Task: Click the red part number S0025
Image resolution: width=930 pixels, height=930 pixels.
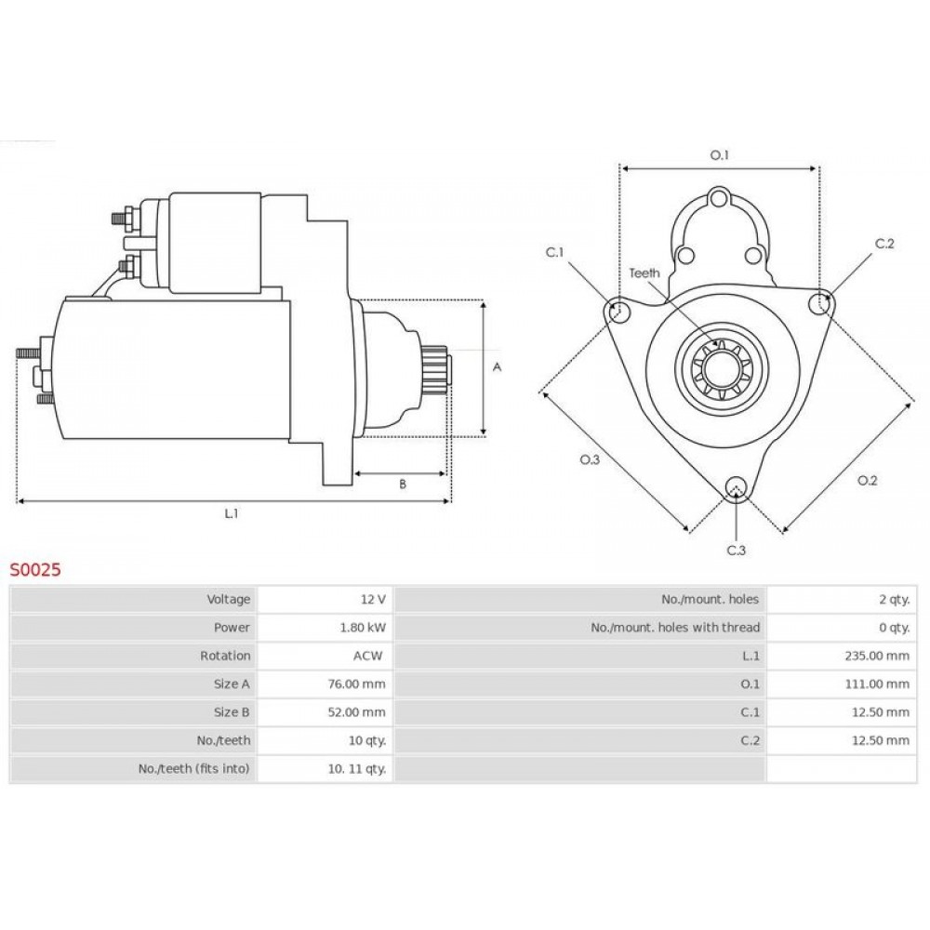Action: (35, 570)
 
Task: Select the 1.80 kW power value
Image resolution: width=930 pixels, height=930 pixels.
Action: (363, 628)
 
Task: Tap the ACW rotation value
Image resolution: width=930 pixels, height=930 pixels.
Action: (367, 656)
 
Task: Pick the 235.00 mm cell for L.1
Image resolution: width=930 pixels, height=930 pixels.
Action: (877, 656)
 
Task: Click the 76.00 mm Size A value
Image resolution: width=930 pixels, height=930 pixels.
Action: (356, 684)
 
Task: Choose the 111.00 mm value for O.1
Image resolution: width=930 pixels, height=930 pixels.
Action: (877, 684)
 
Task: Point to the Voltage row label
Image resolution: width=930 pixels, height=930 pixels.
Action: (229, 600)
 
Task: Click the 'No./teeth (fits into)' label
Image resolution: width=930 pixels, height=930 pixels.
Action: (194, 769)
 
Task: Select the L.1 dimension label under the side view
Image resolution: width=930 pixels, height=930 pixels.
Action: (232, 513)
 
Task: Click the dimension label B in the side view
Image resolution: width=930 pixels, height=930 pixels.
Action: (403, 485)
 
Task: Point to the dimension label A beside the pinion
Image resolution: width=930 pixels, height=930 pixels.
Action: (497, 367)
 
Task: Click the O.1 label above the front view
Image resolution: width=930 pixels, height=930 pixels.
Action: (720, 155)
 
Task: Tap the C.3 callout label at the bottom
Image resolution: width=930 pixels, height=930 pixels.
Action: (736, 551)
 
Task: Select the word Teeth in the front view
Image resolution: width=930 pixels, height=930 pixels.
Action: (644, 272)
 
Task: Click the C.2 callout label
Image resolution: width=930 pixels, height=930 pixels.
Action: (884, 244)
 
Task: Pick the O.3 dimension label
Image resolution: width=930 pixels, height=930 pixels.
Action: (590, 459)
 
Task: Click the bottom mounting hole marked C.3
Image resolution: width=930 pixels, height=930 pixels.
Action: (736, 487)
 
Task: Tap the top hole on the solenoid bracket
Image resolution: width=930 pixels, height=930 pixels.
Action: (719, 198)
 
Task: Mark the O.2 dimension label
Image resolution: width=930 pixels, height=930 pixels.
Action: (867, 481)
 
